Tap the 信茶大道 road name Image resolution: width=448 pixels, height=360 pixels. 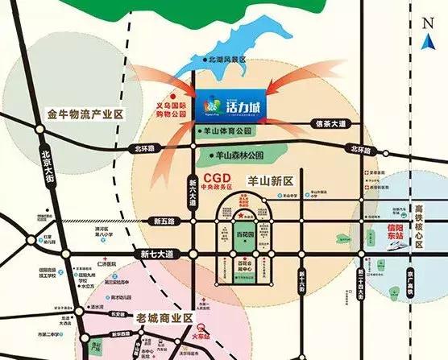[330, 123]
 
